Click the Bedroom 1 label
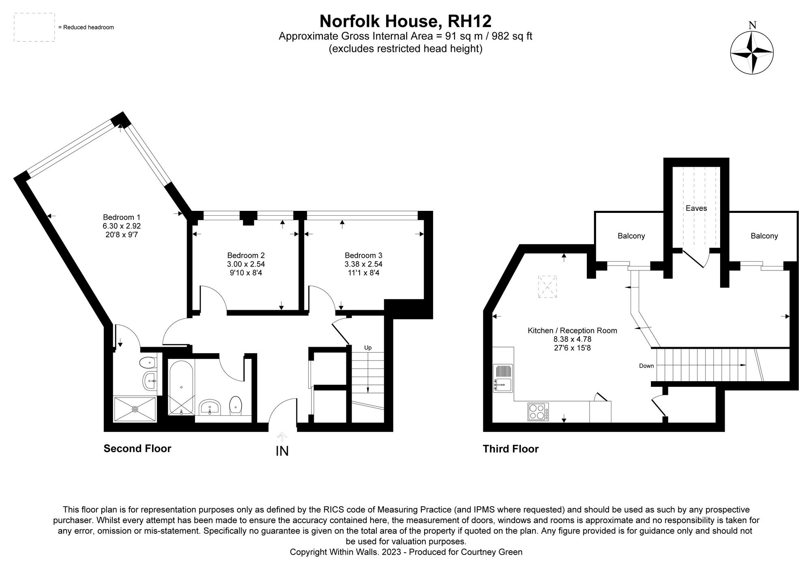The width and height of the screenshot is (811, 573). coord(122,217)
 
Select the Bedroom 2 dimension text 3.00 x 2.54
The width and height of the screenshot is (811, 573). coord(246,264)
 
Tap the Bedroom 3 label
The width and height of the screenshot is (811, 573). coord(363,255)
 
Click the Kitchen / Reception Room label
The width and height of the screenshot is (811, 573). coord(572,330)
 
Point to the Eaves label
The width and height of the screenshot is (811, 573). coord(696,208)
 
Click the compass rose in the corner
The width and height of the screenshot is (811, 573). coord(752,53)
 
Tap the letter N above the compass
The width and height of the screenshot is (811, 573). coord(753,25)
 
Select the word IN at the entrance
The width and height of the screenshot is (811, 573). coord(282,451)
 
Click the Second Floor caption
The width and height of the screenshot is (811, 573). coord(137,449)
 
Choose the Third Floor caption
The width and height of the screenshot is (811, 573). coord(511,449)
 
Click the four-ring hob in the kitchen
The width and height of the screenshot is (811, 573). coord(538,412)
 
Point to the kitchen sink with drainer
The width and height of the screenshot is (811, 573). coord(503,378)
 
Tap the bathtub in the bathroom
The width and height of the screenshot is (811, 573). coord(181,388)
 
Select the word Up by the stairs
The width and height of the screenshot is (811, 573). coord(368,348)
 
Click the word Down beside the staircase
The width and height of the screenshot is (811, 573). coord(646,366)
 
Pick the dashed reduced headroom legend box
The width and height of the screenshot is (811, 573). coord(34,27)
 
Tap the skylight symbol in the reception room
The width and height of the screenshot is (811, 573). coord(547,287)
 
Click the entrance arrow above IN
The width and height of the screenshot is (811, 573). coord(282,437)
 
